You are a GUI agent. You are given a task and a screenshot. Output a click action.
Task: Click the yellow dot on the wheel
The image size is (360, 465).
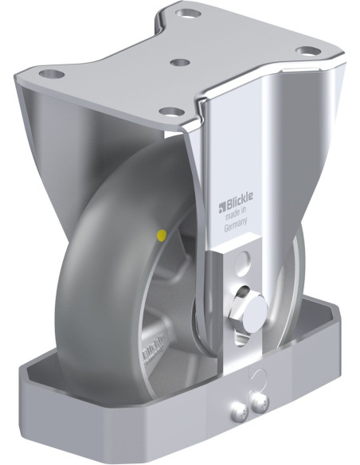coord(162,235)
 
